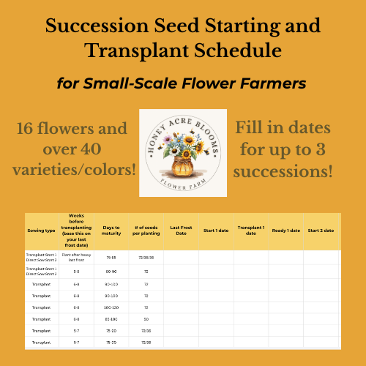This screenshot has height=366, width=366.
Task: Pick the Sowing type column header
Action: [42, 231]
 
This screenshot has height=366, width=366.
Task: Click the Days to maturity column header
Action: [111, 231]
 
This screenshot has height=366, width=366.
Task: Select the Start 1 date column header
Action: [215, 231]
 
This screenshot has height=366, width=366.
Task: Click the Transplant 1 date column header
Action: [251, 231]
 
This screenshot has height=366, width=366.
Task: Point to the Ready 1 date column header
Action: [286, 231]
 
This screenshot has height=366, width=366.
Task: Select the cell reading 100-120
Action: [111, 307]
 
